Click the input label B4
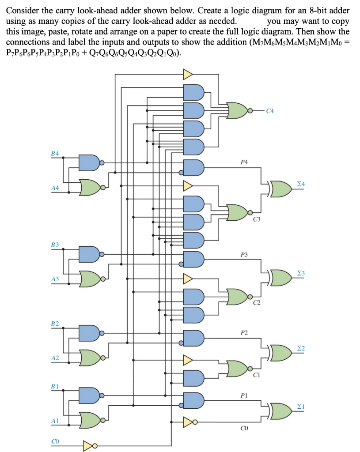(x=55, y=153)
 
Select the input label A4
(x=55, y=188)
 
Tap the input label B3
(x=55, y=244)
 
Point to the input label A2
(x=55, y=358)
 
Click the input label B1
(x=55, y=385)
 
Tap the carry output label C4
(x=270, y=111)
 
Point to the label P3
(x=244, y=255)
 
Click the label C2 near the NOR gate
(x=257, y=302)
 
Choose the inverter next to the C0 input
(x=90, y=442)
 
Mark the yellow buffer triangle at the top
(x=188, y=73)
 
